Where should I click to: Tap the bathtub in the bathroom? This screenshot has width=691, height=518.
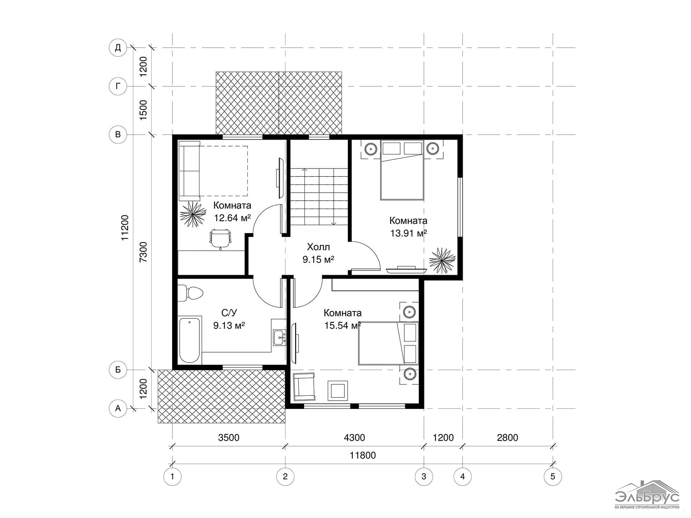[190, 340]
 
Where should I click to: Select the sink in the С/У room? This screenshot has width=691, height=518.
[279, 337]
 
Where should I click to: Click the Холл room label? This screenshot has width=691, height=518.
[318, 247]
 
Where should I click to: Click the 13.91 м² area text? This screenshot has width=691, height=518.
[408, 233]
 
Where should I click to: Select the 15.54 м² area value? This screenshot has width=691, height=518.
[342, 326]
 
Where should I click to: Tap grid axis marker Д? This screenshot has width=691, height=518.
[118, 48]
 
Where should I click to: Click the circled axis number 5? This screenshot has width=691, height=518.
[552, 477]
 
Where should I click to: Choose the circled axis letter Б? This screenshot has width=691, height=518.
[118, 370]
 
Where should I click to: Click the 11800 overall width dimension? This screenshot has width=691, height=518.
[362, 455]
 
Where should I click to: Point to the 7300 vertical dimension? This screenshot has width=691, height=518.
[143, 252]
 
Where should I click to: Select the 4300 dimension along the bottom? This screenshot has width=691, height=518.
[354, 438]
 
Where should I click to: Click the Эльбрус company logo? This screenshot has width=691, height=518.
[647, 495]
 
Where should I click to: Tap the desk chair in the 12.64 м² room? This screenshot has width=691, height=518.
[220, 239]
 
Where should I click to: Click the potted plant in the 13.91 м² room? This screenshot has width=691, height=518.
[442, 260]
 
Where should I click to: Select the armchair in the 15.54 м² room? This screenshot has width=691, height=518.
[304, 386]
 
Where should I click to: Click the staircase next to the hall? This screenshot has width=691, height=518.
[319, 196]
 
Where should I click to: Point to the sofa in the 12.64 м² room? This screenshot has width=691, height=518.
[189, 171]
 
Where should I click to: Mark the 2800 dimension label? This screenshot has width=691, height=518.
[508, 438]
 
